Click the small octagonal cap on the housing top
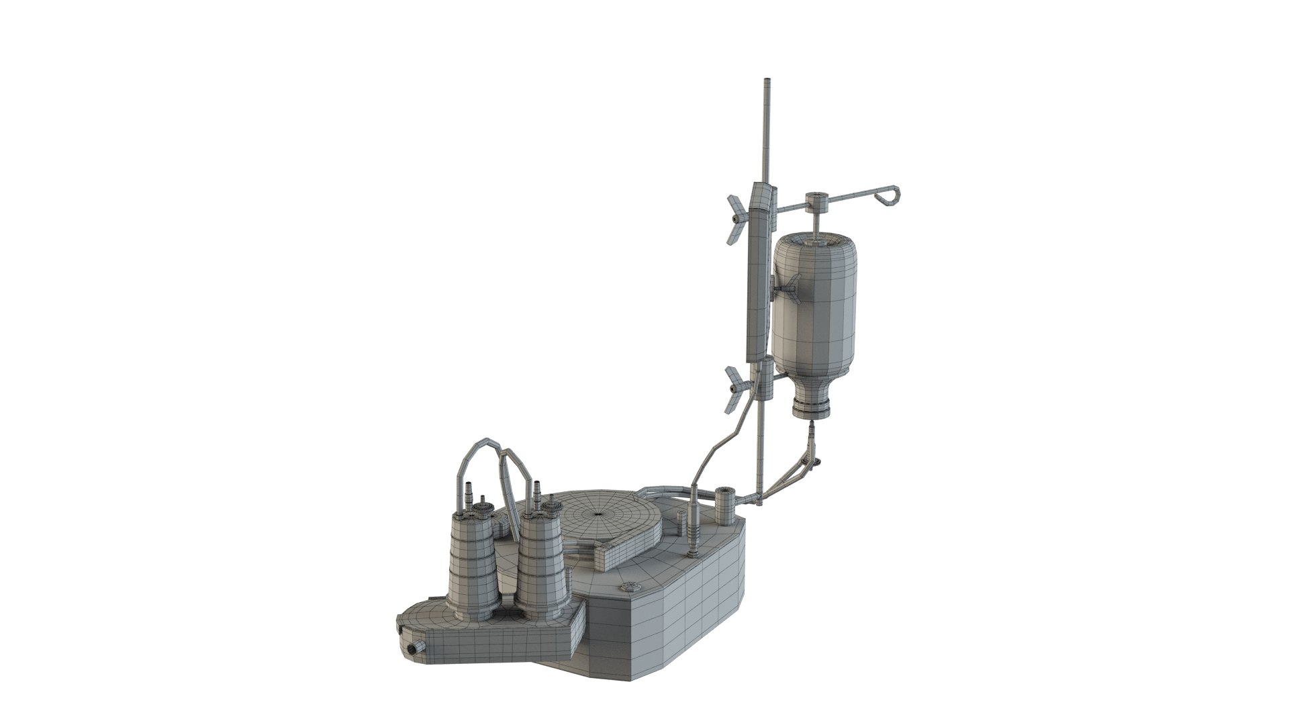tap(632, 588)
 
